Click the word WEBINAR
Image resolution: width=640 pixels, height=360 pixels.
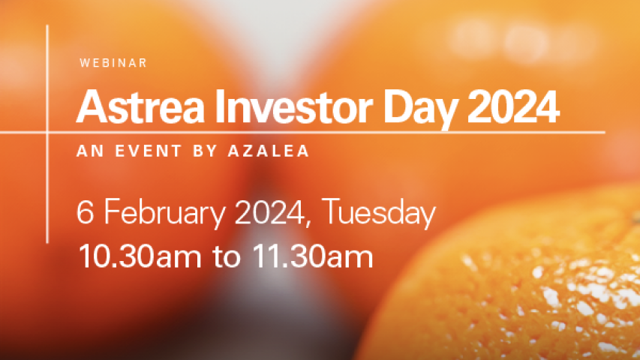[113, 63]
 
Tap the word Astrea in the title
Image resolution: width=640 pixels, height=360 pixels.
[140, 107]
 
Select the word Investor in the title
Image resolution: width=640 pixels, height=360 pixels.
[294, 107]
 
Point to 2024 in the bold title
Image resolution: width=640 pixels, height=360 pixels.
[513, 107]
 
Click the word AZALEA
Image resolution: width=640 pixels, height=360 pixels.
[268, 151]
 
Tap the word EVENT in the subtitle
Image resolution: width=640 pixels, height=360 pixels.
[148, 151]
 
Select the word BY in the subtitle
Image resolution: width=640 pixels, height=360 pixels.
[205, 151]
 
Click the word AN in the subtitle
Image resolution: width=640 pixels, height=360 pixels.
[90, 151]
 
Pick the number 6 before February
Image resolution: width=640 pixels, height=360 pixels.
[85, 211]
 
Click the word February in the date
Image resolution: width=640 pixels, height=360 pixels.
[165, 214]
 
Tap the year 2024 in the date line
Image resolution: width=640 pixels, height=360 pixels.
[270, 211]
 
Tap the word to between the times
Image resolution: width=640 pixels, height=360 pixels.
[227, 257]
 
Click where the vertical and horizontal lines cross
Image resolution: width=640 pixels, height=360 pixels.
[47, 132]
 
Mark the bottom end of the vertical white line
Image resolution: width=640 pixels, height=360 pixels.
[47, 243]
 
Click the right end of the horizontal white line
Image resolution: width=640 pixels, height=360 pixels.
[605, 132]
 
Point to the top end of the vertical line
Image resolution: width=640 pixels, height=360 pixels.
[47, 25]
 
